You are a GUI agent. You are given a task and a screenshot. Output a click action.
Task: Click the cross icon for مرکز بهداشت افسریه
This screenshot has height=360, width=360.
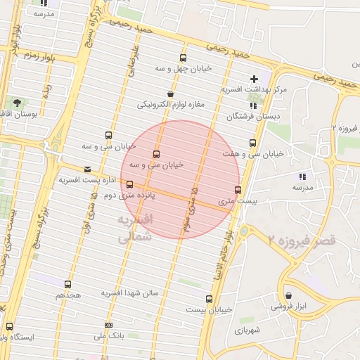coord(254,79)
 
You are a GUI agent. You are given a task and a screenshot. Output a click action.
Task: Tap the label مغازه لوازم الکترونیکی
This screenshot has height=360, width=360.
coord(170,105)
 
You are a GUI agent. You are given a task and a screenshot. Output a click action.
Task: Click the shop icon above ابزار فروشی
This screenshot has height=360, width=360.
coord(289,296)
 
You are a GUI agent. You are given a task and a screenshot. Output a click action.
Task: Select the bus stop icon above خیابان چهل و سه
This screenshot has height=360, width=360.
coord(184,58)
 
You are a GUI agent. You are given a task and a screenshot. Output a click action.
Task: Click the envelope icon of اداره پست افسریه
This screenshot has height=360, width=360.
coord(87,169)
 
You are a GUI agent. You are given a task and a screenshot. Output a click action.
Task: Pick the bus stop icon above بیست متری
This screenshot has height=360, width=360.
coord(238,190)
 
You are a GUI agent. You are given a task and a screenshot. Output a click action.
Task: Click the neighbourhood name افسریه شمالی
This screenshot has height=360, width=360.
coord(133,229)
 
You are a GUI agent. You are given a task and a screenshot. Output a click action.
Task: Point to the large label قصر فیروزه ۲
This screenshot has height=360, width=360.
coord(302,240)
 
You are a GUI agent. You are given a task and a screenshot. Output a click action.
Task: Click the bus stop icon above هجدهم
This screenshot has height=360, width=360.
coord(67,285)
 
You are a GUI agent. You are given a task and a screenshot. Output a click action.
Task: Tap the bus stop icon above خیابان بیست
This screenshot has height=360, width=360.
coord(209,299)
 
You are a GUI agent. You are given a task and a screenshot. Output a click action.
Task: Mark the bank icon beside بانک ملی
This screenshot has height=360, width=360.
coord(108,325)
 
